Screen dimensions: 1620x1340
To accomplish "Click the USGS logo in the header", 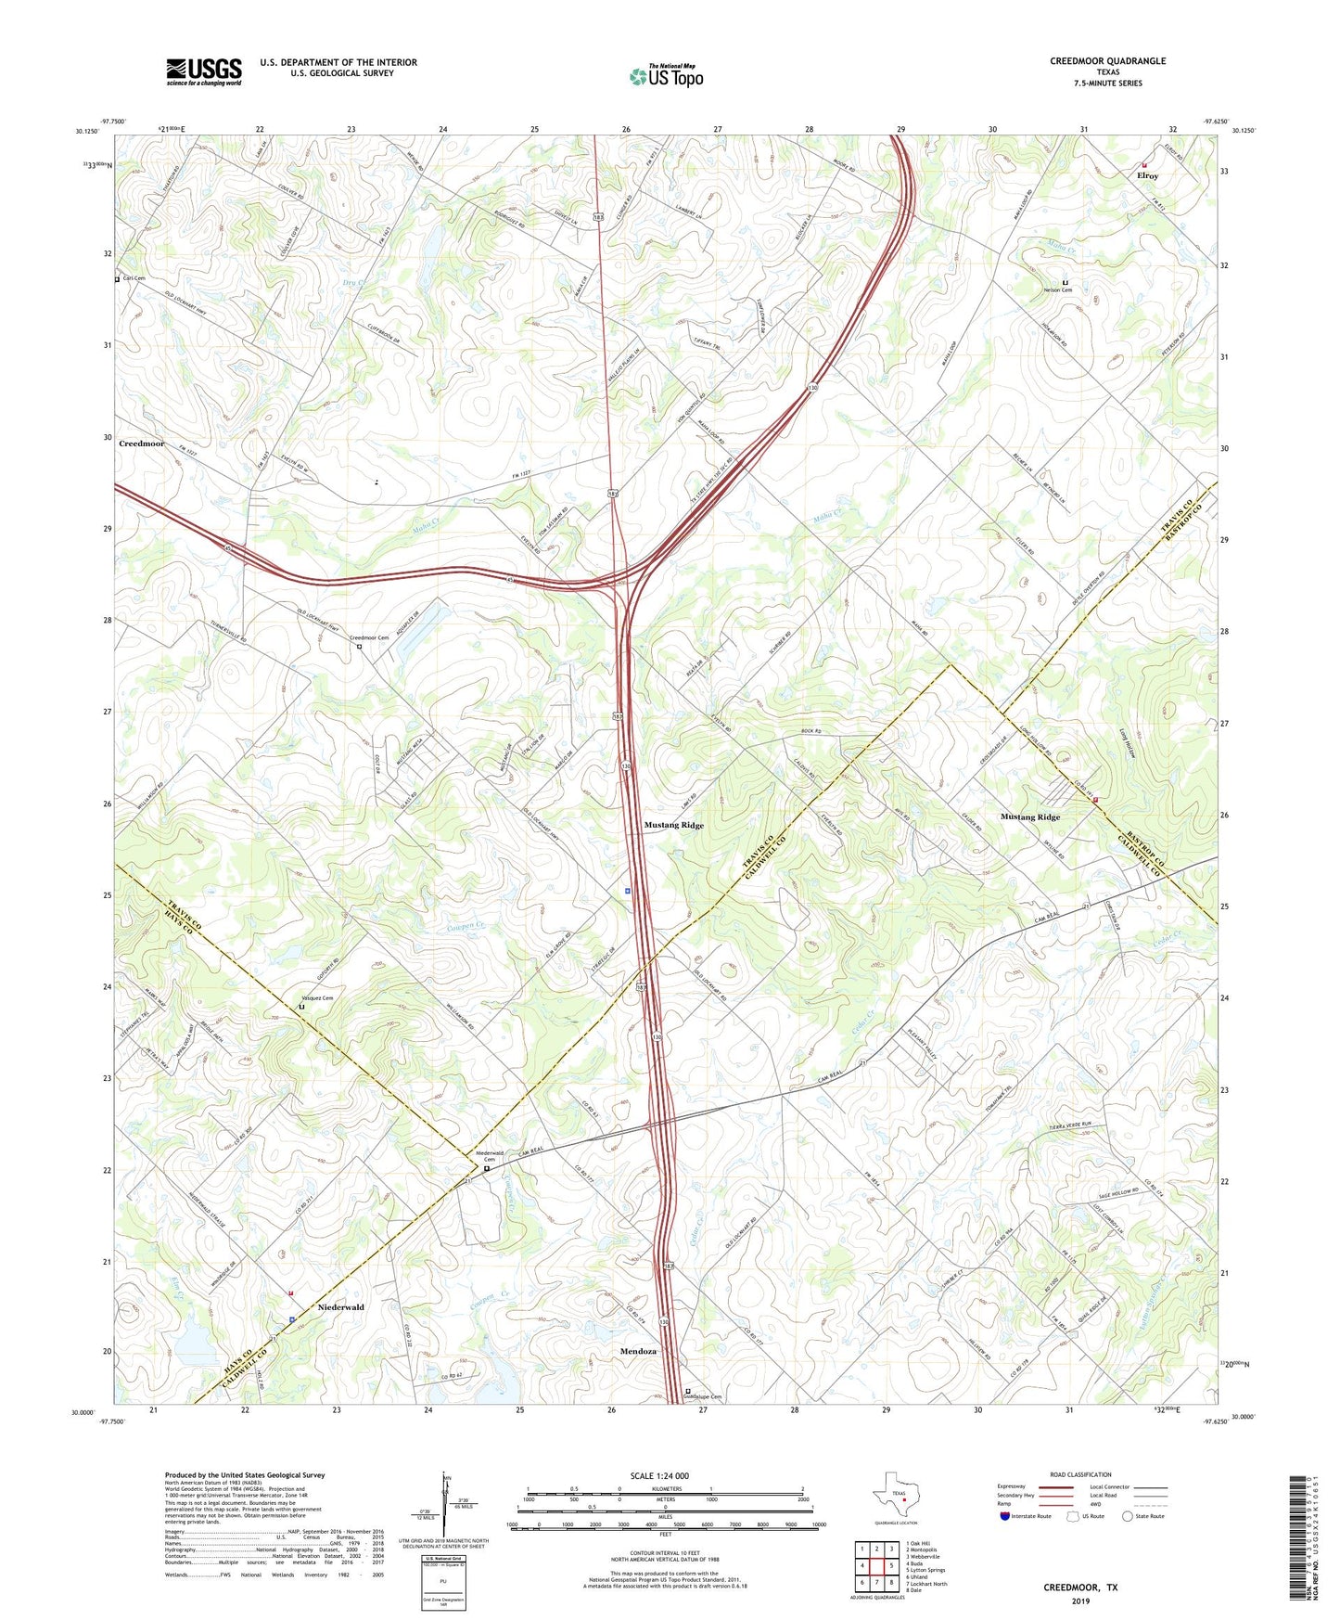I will [204, 71].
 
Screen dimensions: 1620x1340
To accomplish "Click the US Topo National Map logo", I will [665, 75].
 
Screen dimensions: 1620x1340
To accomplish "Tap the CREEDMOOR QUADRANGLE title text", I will [1107, 61].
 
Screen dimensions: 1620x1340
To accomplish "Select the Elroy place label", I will [1147, 175].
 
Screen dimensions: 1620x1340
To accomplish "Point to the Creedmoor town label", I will [142, 444].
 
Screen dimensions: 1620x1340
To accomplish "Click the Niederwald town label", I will [340, 1307].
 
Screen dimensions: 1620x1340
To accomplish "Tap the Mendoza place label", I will [638, 1351].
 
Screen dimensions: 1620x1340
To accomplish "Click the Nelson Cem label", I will [1059, 290].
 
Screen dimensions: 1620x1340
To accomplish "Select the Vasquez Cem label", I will [315, 998].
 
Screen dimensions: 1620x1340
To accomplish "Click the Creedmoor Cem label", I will [369, 637].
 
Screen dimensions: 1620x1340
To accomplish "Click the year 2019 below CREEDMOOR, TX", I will [1080, 1601].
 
